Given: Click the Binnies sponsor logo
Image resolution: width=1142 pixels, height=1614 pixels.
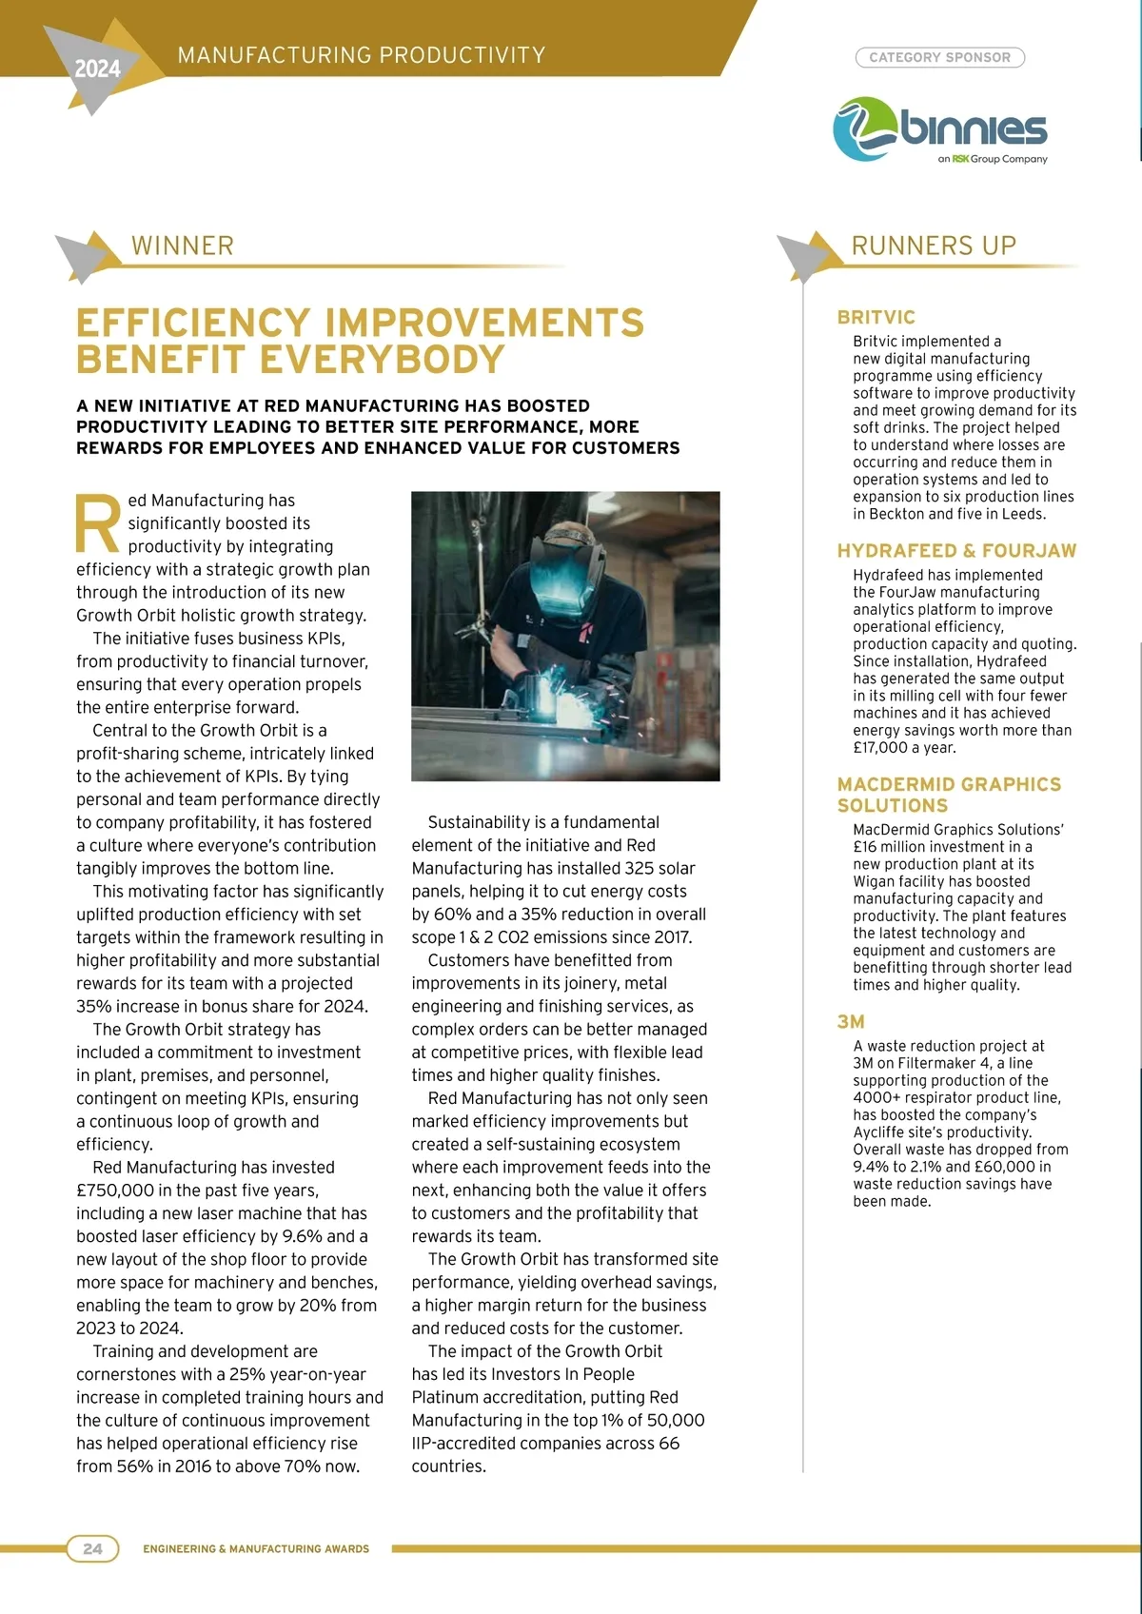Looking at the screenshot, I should (x=939, y=129).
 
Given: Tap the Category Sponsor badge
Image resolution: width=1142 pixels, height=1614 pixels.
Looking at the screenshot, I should (x=939, y=58).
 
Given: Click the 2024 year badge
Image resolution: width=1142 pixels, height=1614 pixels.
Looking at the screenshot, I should (x=97, y=69).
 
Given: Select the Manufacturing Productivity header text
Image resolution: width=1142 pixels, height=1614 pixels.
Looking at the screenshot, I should (x=362, y=55).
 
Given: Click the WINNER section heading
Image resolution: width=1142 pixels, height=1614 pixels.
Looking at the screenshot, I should (x=182, y=246).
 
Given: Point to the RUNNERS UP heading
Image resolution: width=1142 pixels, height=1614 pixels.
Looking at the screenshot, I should (x=934, y=246).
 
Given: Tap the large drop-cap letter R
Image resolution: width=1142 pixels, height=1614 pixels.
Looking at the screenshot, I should (x=98, y=522).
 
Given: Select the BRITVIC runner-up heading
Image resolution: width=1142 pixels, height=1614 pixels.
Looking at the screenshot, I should (x=876, y=318).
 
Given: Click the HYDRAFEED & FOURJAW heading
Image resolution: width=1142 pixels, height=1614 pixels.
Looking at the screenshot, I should (x=956, y=551).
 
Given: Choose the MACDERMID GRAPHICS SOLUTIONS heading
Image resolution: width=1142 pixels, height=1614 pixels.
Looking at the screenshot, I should (x=948, y=795).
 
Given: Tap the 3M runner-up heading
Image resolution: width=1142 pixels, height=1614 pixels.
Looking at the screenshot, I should (x=851, y=1022).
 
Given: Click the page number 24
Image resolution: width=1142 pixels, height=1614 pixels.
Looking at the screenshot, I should (x=92, y=1548).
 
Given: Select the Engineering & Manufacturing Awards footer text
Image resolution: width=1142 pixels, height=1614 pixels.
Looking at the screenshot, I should (x=256, y=1549).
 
